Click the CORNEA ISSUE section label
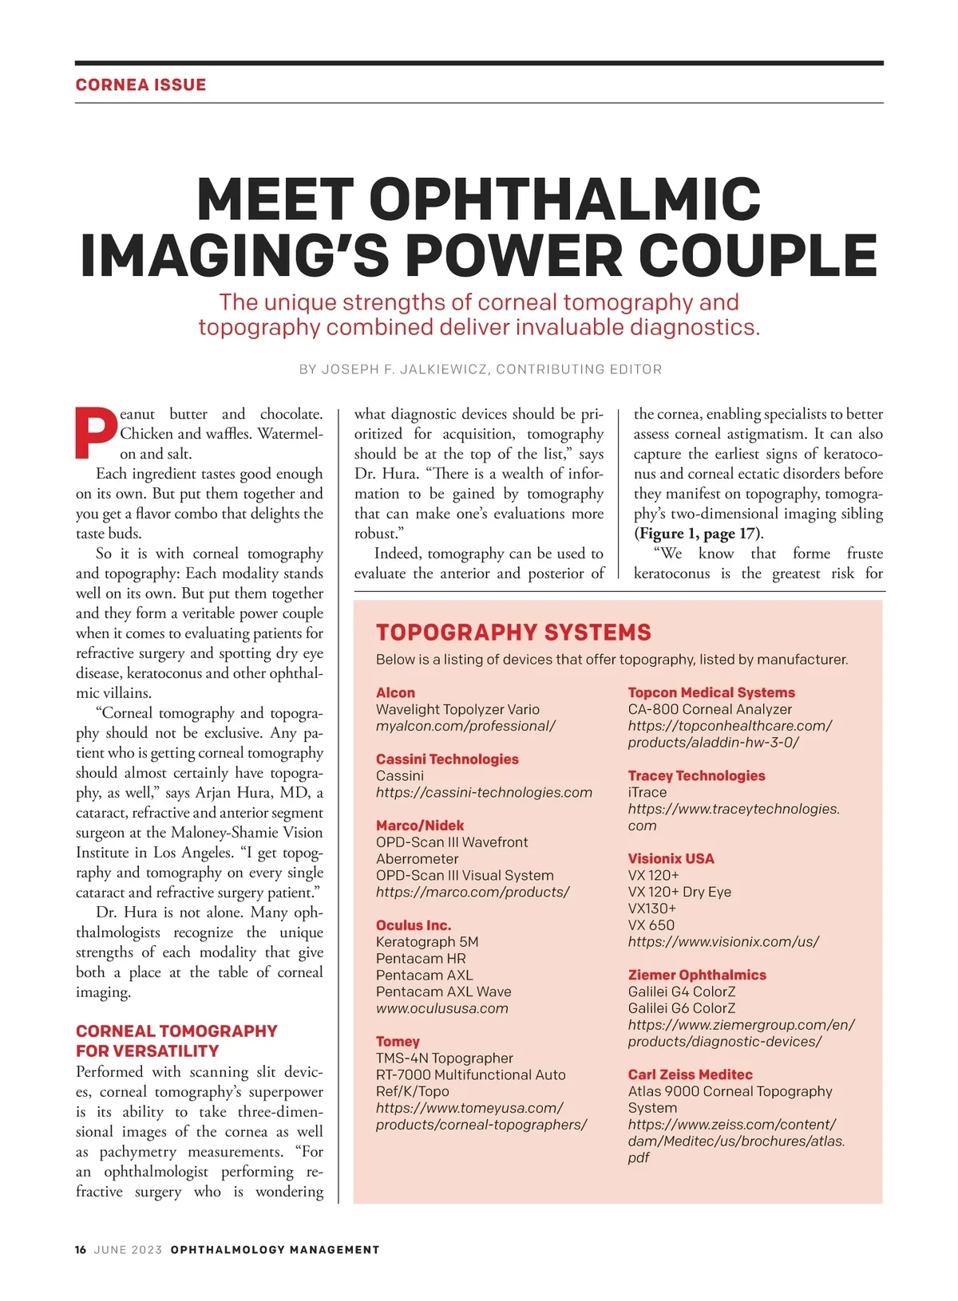tap(141, 85)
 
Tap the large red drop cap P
tap(96, 434)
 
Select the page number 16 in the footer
tap(81, 1249)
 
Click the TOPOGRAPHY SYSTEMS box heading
tap(513, 633)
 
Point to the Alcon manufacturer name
tap(395, 692)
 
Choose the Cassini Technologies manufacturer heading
tap(447, 759)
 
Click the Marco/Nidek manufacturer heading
tap(420, 825)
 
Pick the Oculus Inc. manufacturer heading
tap(414, 924)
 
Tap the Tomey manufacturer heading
tap(398, 1041)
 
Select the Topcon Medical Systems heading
tap(711, 692)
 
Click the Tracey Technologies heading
tap(696, 775)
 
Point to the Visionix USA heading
tap(671, 858)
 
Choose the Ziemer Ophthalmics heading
tap(697, 975)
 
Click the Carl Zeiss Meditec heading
tap(690, 1074)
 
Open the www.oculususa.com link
tap(442, 1008)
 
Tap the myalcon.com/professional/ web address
tap(465, 726)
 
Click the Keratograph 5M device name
tap(427, 941)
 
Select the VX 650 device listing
tap(651, 925)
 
